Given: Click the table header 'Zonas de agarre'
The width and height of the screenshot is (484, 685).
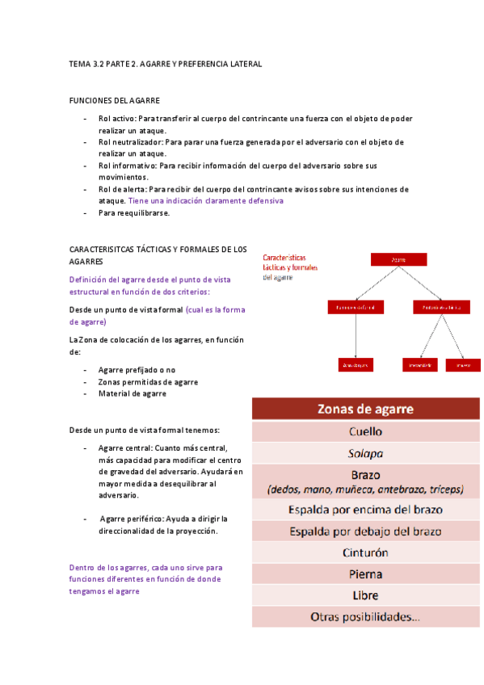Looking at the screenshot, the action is click(365, 409).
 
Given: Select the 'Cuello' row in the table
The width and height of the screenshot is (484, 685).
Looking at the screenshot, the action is click(365, 431).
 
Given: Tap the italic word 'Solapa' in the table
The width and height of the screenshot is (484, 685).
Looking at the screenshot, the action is click(365, 452).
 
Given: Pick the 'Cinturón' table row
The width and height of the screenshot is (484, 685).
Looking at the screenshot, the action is click(365, 553).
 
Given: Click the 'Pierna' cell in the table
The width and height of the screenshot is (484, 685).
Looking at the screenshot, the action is click(365, 574).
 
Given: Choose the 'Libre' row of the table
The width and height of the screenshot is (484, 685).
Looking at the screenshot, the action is click(365, 595).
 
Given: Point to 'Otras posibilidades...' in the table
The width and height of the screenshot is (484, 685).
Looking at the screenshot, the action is click(365, 616).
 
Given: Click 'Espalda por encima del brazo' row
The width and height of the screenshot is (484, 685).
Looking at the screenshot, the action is click(365, 510).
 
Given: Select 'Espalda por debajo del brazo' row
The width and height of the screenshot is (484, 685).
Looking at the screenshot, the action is click(365, 532).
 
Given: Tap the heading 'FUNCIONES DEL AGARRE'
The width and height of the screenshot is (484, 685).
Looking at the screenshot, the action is click(114, 100).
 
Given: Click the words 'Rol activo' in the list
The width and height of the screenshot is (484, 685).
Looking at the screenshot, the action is click(116, 119).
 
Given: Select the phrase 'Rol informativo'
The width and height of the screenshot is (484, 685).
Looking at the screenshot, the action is click(127, 166).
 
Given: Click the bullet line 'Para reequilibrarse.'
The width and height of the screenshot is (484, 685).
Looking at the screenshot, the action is click(134, 212).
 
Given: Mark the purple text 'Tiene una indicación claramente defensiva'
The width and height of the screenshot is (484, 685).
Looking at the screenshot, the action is click(206, 200).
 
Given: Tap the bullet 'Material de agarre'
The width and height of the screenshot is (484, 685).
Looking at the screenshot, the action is click(133, 393).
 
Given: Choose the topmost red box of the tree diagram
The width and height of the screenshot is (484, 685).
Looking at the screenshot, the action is click(398, 260).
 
